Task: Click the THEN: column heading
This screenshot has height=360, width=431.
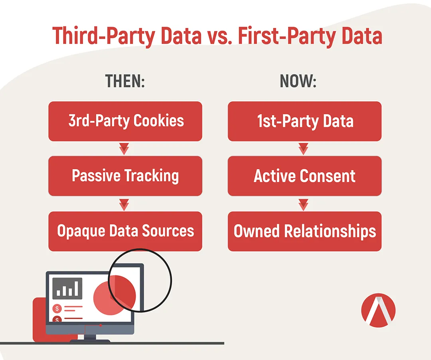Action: click(x=125, y=81)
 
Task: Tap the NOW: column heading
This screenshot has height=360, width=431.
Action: click(x=298, y=81)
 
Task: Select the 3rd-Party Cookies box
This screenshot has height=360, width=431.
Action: click(x=125, y=121)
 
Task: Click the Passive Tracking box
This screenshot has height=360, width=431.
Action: click(x=125, y=176)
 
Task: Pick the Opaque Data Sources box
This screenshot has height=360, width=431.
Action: click(x=125, y=231)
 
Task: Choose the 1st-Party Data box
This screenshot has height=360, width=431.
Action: click(x=304, y=121)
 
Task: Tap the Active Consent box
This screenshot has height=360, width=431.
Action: click(x=304, y=176)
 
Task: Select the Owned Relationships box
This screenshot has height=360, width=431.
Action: click(x=304, y=231)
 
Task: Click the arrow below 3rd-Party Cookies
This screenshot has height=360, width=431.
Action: click(x=124, y=149)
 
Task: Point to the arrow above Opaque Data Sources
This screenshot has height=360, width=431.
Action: click(x=124, y=205)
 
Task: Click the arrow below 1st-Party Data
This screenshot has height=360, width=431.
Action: click(x=303, y=149)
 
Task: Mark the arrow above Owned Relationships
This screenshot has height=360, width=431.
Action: click(x=303, y=205)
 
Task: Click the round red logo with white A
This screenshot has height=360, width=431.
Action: click(x=378, y=310)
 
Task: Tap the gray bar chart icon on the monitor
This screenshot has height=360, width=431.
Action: click(x=67, y=288)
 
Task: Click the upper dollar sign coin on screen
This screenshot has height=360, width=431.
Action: click(x=57, y=309)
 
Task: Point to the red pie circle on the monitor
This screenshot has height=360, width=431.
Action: click(x=115, y=295)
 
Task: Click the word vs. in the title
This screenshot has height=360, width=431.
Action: click(x=219, y=36)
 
